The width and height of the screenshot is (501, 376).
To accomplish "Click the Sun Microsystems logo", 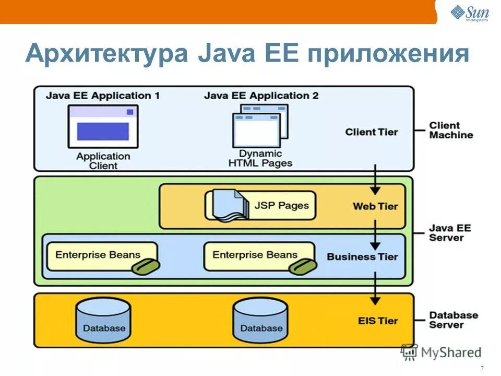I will tap(470, 13).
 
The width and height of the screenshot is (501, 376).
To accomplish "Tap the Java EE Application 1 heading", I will tap(102, 96).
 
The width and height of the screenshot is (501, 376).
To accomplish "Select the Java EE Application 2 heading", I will tap(261, 96).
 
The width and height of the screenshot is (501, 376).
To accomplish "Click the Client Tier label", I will tap(371, 132).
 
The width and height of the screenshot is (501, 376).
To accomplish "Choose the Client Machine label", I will tap(451, 130).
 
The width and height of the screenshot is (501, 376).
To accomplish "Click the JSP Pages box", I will tap(260, 205).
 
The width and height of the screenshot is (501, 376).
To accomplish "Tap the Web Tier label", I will tap(375, 206).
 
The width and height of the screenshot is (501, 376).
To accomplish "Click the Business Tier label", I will tap(362, 257).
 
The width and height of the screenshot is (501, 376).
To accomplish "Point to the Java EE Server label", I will tap(447, 232).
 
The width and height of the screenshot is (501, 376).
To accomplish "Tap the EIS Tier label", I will tap(378, 321).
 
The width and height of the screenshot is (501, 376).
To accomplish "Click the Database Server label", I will tap(453, 320).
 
